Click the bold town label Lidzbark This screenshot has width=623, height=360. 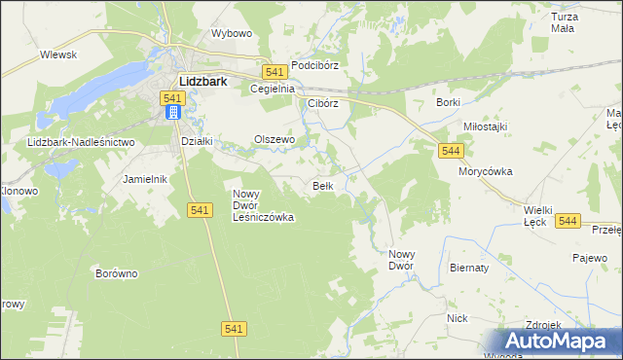point(202,83)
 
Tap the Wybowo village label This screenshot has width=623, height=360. point(232,33)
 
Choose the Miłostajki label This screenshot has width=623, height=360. point(485,127)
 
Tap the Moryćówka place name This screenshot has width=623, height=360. point(486,171)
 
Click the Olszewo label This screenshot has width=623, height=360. point(274,139)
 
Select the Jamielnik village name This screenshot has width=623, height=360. point(146,180)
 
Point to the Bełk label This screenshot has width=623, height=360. point(324,185)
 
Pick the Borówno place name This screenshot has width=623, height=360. point(117,273)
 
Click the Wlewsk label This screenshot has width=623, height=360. point(58,55)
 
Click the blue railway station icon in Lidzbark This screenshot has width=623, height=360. point(172,113)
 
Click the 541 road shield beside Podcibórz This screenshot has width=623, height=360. point(274,72)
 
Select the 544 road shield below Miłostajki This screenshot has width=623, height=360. point(450,151)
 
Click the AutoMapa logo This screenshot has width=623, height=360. point(558,342)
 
